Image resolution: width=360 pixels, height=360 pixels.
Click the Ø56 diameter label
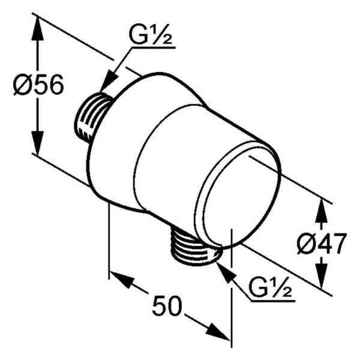click(x=38, y=85)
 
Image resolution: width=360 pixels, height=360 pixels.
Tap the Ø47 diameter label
click(x=321, y=244)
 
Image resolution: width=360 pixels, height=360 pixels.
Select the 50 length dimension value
click(x=167, y=306)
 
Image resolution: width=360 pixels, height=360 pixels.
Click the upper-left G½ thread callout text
click(x=151, y=34)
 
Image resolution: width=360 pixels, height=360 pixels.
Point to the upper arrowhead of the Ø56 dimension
click(x=37, y=29)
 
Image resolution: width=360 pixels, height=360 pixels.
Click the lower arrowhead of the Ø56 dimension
click(x=37, y=142)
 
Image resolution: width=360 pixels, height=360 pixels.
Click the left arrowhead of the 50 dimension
click(x=121, y=279)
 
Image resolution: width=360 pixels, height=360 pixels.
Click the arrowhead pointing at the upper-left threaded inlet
click(x=109, y=81)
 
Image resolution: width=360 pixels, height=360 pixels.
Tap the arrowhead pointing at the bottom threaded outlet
click(x=226, y=274)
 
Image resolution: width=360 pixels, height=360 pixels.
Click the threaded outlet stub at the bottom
click(x=194, y=248)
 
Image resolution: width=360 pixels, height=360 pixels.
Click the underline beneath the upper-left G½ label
click(x=153, y=48)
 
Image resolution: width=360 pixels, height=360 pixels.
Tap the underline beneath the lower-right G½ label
click(x=273, y=301)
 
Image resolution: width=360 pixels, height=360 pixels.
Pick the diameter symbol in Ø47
click(x=305, y=244)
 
